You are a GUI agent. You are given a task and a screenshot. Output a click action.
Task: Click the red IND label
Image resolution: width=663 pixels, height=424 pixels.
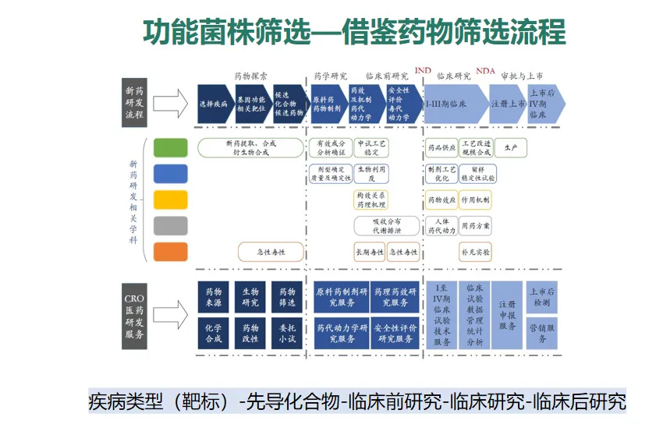point(423,71)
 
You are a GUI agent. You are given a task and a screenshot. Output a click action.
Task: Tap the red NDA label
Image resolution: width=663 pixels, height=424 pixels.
point(485,71)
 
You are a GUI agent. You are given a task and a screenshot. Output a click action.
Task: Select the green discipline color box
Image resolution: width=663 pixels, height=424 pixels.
point(170,147)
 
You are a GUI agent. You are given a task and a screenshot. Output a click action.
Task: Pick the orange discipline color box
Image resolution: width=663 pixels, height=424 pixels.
point(170,252)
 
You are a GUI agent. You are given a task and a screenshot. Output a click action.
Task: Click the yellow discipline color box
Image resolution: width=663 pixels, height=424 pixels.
point(170,200)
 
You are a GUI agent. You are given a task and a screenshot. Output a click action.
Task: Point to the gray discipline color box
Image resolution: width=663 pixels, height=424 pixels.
point(170,226)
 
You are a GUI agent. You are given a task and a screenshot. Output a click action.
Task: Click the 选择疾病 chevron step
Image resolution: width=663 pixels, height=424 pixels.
point(213,104)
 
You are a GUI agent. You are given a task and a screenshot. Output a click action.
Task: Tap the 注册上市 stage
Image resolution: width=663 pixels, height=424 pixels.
point(507,104)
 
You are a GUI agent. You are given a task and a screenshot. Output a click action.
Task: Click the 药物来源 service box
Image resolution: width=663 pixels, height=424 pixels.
point(213,297)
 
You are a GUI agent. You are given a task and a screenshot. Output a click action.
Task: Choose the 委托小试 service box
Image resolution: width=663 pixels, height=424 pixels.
point(287,334)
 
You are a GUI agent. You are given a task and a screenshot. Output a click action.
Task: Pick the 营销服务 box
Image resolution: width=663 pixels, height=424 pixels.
point(542,333)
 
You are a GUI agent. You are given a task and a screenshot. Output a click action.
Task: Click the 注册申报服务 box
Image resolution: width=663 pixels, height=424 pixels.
point(507,315)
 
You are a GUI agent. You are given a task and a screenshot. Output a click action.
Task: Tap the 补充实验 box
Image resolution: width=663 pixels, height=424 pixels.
point(474,252)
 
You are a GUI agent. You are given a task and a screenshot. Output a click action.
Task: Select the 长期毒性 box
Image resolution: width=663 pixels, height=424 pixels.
point(370,252)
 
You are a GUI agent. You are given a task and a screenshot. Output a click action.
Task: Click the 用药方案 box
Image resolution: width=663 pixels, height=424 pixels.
point(474,226)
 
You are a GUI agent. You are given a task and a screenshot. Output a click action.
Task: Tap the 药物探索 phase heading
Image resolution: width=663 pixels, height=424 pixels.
point(251,76)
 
